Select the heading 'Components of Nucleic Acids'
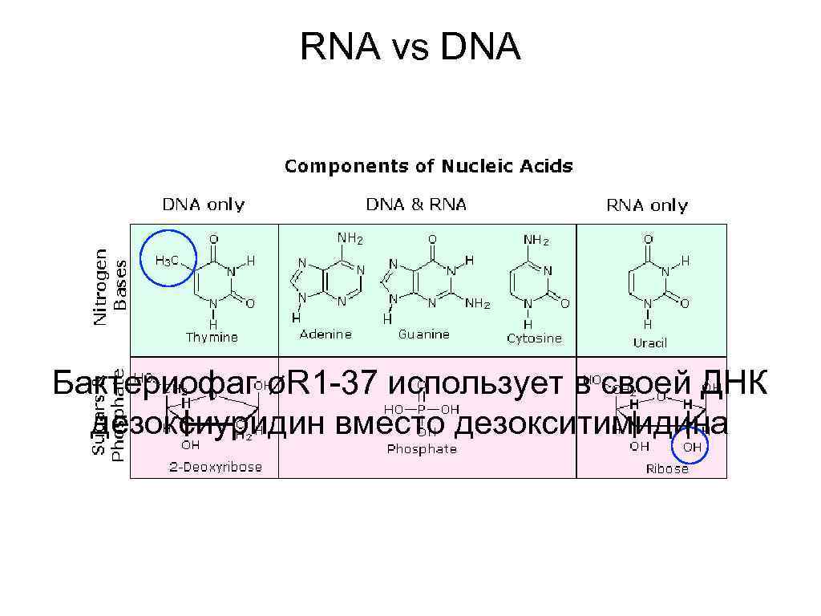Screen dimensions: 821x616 [x=429, y=167]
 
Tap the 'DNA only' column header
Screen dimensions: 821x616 [x=204, y=205]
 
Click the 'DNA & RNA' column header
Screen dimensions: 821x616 [x=416, y=205]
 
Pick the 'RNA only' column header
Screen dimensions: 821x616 [x=646, y=206]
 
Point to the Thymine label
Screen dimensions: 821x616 [x=212, y=338]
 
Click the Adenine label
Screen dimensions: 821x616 [x=325, y=334]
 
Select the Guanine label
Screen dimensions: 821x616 [x=423, y=334]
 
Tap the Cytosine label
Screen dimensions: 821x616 [x=534, y=338]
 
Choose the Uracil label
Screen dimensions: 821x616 [x=649, y=342]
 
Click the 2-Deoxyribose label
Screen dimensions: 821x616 [x=215, y=467]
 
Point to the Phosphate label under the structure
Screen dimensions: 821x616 [x=422, y=449]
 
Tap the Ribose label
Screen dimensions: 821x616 [x=667, y=468]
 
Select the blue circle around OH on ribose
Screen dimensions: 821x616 [x=690, y=445]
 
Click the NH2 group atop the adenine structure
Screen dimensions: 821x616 [x=350, y=238]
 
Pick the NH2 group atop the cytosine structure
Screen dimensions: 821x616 [x=536, y=239]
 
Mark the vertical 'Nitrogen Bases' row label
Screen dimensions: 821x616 [x=110, y=286]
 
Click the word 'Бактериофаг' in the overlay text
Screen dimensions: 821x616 [x=157, y=385]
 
